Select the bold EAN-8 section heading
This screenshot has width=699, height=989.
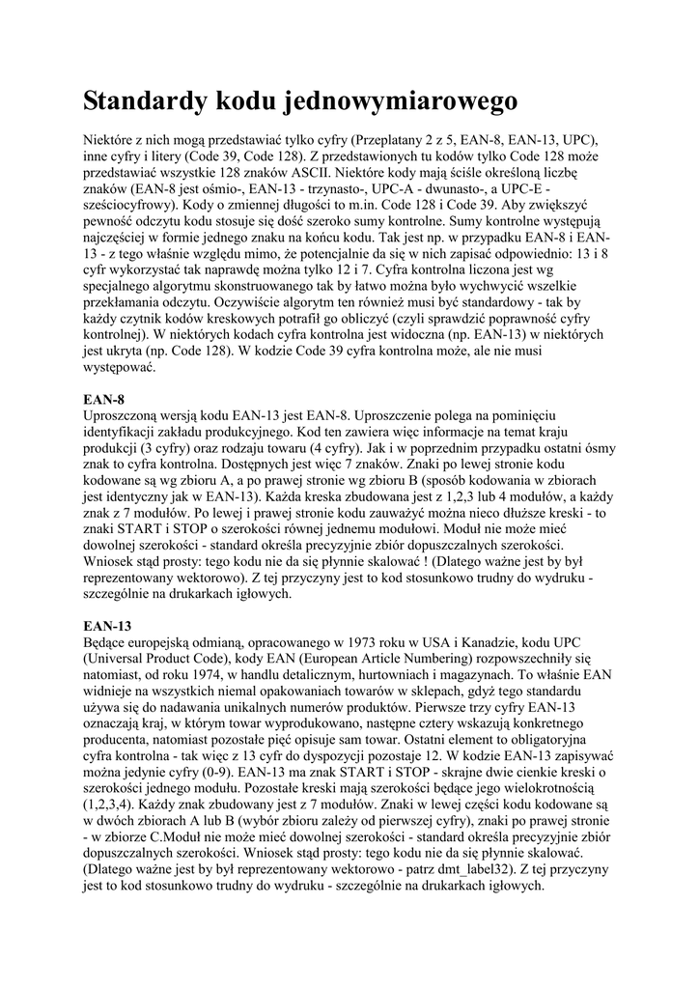[103, 398]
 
